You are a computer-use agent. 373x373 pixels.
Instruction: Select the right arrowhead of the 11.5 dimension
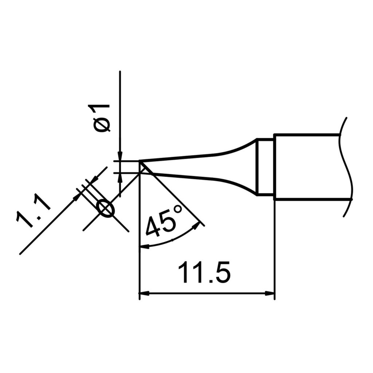click(270, 293)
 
